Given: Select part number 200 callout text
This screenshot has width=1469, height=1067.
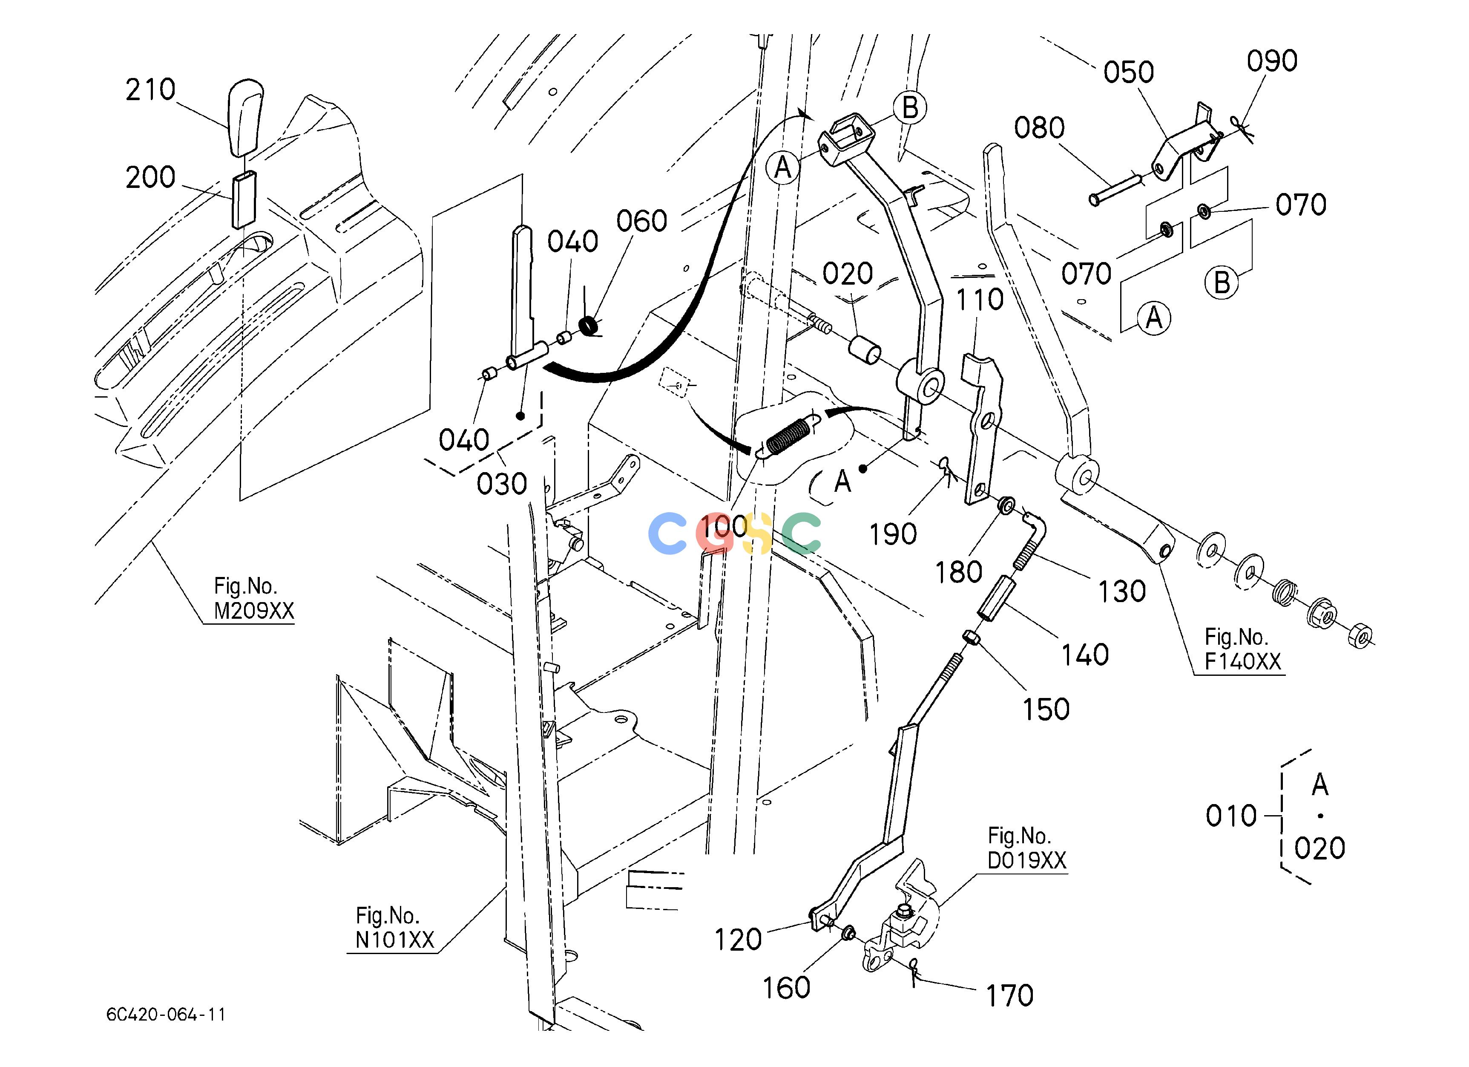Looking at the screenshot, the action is pos(150,177).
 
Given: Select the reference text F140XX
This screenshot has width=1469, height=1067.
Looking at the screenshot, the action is pos(1243,661).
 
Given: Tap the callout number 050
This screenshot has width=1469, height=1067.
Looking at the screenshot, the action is pos(1128,72).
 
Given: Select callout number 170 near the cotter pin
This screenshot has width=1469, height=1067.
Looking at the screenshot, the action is pos(1009,996).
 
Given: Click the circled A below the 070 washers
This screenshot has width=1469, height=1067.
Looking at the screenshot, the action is pos(1153,318).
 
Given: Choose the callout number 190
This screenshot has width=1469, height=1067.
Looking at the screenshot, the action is pos(893,534).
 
